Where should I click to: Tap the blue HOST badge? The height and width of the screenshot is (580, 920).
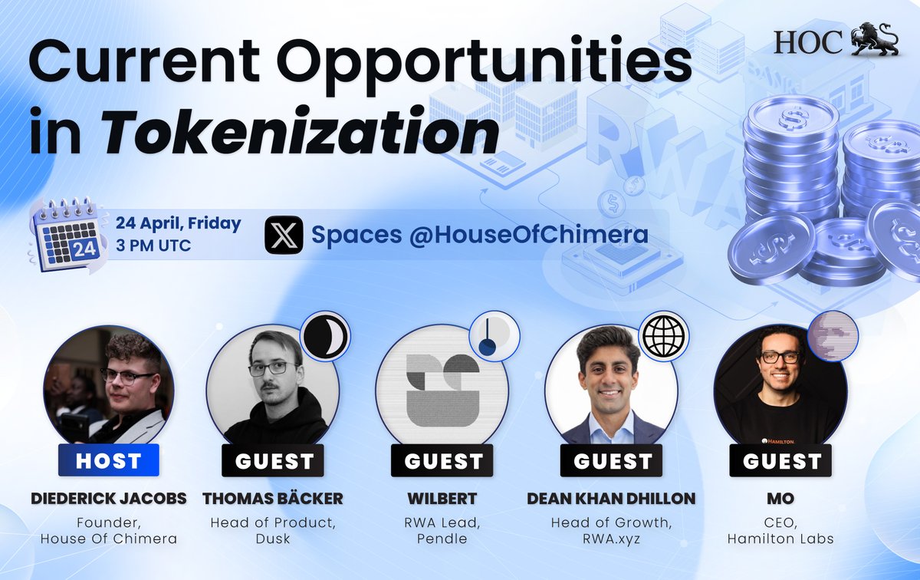[109, 461]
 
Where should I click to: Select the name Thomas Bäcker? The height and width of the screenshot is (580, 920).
[273, 499]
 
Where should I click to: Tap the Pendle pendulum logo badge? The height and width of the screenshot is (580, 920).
[494, 338]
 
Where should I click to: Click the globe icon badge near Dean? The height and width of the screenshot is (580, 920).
[664, 338]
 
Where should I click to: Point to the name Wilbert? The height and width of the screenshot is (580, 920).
[444, 499]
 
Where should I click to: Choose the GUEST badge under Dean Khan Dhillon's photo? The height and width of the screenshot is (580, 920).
[612, 461]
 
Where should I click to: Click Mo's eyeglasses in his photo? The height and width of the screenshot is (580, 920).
[780, 357]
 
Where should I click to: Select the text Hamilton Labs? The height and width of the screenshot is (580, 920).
[780, 539]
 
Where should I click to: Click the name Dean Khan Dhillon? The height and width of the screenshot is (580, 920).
[611, 499]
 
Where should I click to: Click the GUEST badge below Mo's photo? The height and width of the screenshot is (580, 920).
[781, 461]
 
